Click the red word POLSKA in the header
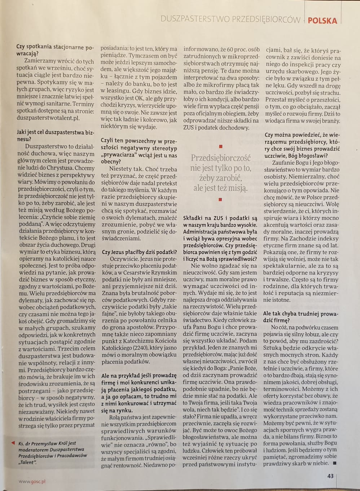pyautogui.click(x=322, y=20)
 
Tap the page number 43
pyautogui.click(x=330, y=476)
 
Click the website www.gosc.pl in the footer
pyautogui.click(x=32, y=481)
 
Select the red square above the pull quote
pyautogui.click(x=220, y=146)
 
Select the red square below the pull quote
pyautogui.click(x=220, y=199)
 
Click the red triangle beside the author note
pyautogui.click(x=13, y=443)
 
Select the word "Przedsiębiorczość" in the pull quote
pyautogui.click(x=220, y=158)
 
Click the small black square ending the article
pyautogui.click(x=334, y=463)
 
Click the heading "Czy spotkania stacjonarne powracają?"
pyautogui.click(x=54, y=51)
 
